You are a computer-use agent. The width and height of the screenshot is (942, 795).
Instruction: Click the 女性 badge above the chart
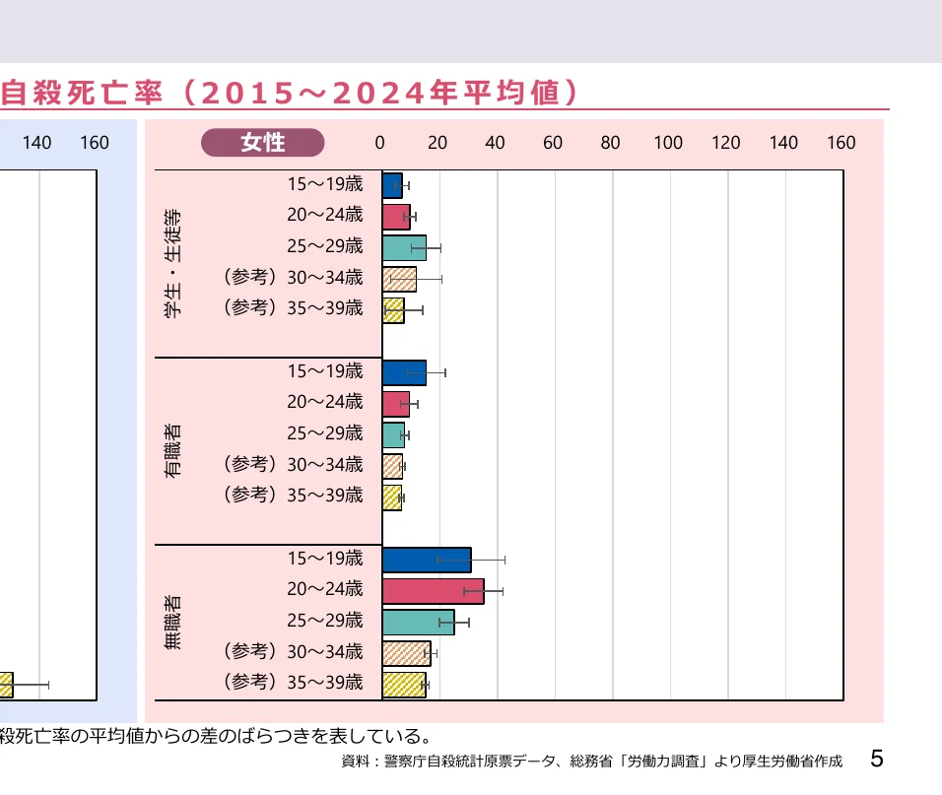pos(263,143)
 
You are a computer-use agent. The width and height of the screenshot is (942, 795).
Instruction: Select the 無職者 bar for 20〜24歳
pos(433,591)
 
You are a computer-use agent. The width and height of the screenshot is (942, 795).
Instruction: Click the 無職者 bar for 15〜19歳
pos(426,560)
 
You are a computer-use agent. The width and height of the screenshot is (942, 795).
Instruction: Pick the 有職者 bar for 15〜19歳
pos(404,372)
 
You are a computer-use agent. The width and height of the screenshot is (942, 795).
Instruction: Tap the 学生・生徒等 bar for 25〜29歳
pos(404,247)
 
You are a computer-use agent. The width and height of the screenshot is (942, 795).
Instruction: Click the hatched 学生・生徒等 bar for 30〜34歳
pos(399,279)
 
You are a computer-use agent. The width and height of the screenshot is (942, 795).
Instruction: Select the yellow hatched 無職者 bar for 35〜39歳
pos(404,684)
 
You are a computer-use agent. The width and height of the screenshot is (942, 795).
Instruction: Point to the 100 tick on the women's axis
pos(668,143)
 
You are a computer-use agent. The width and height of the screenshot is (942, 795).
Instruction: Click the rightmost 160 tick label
pos(841,143)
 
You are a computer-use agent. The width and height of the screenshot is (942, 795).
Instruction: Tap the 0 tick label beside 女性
pos(380,143)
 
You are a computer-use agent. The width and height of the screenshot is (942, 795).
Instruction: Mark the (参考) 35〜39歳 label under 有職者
pos(294,495)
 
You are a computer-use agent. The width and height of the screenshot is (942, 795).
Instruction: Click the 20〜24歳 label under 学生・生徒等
pos(325,215)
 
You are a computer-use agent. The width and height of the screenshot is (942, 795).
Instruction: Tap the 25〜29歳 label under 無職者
pos(325,621)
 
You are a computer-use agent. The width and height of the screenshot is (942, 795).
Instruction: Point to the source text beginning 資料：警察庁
pos(591,762)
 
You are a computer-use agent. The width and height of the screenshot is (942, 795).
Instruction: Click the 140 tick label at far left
pos(36,143)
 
